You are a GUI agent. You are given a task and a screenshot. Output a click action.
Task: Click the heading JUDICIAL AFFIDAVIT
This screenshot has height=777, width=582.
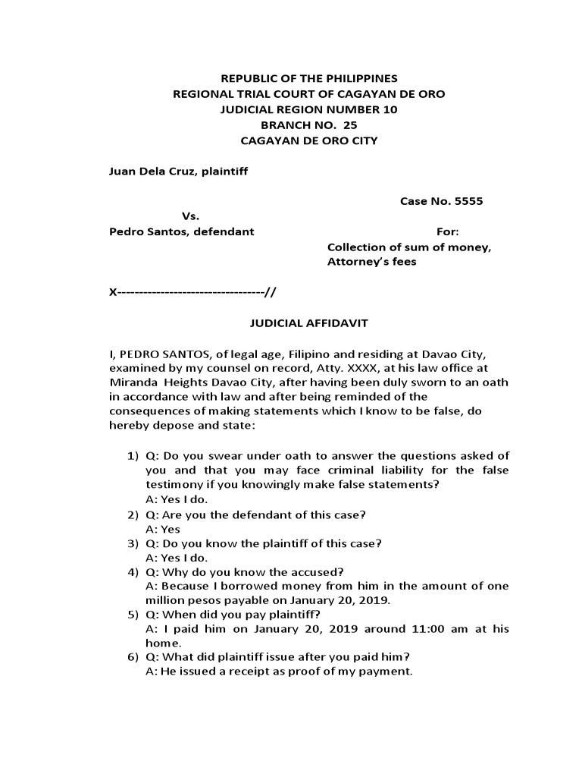click(308, 323)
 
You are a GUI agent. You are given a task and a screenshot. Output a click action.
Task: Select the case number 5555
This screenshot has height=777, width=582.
click(468, 202)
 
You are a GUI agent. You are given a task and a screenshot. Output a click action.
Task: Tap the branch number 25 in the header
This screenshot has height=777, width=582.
click(328, 125)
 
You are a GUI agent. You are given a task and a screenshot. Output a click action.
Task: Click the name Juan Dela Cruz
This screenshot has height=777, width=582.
click(155, 171)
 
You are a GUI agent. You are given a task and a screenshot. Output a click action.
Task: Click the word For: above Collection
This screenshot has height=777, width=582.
click(447, 231)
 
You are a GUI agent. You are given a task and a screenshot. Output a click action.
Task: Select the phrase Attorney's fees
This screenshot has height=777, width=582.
click(371, 262)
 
